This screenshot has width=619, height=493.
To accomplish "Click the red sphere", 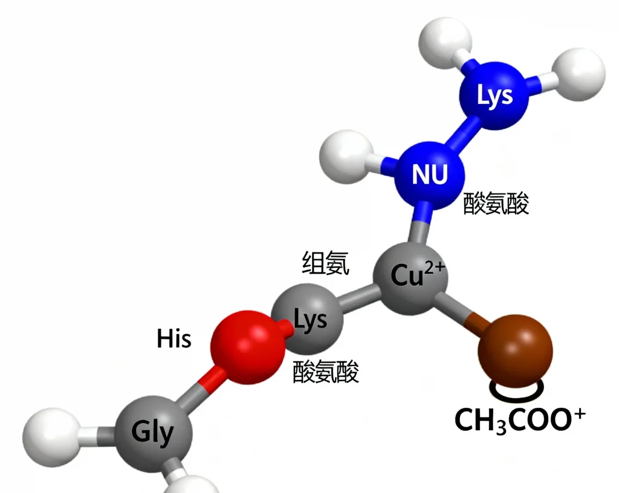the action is (x=247, y=347).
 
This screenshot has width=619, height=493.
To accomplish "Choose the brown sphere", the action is (x=515, y=351).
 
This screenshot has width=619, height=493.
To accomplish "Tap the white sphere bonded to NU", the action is (x=346, y=156).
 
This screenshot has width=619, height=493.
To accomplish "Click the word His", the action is (x=173, y=339).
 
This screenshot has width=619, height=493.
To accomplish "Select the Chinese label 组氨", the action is (x=326, y=263).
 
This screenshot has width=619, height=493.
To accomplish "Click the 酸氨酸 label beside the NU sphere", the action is (x=496, y=204).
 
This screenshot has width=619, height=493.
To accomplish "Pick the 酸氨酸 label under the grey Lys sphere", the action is (x=326, y=372).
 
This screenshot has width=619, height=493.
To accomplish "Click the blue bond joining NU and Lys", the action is (x=466, y=132).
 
